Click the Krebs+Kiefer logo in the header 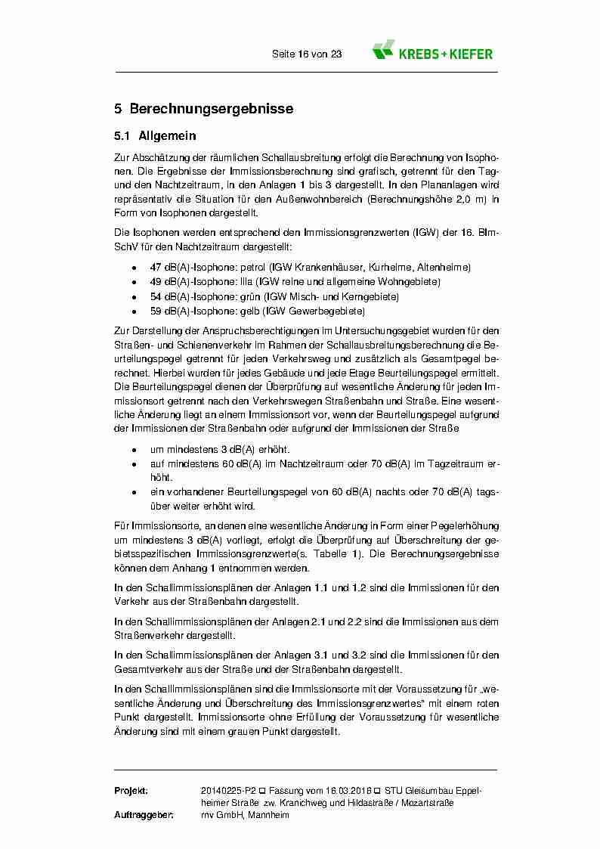(432, 51)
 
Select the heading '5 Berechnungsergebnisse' (203, 109)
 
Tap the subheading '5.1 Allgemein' (155, 137)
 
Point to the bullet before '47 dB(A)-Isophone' (134, 268)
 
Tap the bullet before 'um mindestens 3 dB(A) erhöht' (134, 449)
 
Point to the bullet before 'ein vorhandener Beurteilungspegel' (134, 492)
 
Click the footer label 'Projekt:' (131, 790)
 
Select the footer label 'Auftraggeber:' (144, 815)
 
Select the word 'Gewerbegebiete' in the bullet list (331, 311)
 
